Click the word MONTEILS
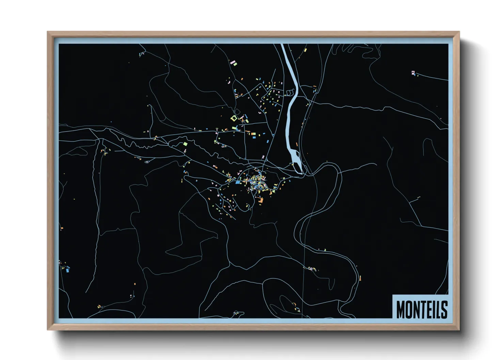click(x=422, y=309)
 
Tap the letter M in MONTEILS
click(x=401, y=309)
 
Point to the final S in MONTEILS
click(x=444, y=309)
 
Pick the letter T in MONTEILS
click(x=423, y=309)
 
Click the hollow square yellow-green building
click(x=234, y=118)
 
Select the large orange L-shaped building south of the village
click(x=261, y=200)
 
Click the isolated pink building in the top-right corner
click(x=413, y=72)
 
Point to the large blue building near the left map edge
click(x=67, y=270)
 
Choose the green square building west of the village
click(x=185, y=144)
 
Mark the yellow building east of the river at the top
click(x=305, y=50)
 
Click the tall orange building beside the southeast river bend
click(x=360, y=278)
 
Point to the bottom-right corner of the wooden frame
click(x=459, y=329)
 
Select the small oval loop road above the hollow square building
click(x=236, y=111)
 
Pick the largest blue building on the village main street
click(x=238, y=182)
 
